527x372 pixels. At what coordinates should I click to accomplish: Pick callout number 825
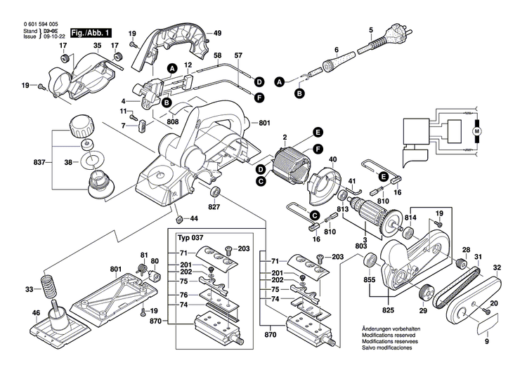[388, 310]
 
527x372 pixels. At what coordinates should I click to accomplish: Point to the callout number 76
[183, 295]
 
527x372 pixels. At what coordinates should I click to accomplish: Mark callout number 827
[214, 207]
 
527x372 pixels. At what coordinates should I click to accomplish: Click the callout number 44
[193, 220]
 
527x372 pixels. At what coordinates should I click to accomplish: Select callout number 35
[98, 46]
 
